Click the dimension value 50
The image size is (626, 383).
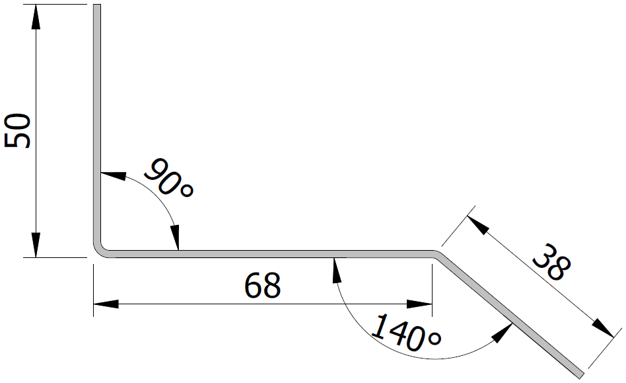(18, 130)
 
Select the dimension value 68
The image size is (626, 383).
(262, 284)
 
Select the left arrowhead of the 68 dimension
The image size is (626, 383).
(106, 304)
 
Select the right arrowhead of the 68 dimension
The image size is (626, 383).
(420, 304)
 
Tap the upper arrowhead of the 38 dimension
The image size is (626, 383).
(478, 224)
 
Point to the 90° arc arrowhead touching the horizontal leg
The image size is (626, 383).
(176, 237)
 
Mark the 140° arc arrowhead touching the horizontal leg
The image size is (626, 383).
(336, 269)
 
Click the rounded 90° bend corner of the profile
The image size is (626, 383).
(101, 249)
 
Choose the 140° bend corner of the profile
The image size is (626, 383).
(435, 253)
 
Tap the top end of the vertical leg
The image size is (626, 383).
(96, 7)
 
